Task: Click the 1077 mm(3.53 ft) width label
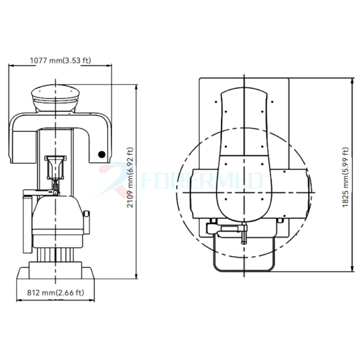tap(60, 60)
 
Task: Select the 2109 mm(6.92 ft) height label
tap(130, 178)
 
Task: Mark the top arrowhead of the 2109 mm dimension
tap(136, 86)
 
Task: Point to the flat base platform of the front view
tap(55, 273)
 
